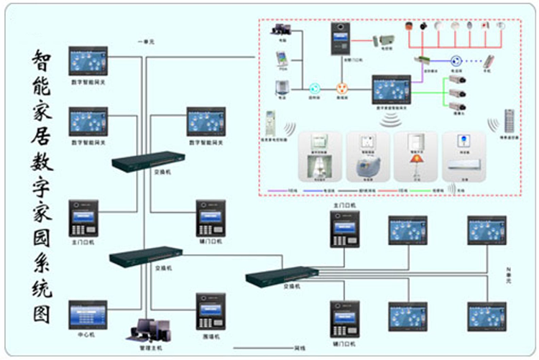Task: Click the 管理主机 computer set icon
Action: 148,329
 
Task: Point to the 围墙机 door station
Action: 210,310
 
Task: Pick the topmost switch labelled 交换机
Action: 148,162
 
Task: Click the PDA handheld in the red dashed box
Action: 281,60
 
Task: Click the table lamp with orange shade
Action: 415,163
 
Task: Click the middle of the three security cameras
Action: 458,93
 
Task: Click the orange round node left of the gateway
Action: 342,90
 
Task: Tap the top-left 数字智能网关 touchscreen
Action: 88,63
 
